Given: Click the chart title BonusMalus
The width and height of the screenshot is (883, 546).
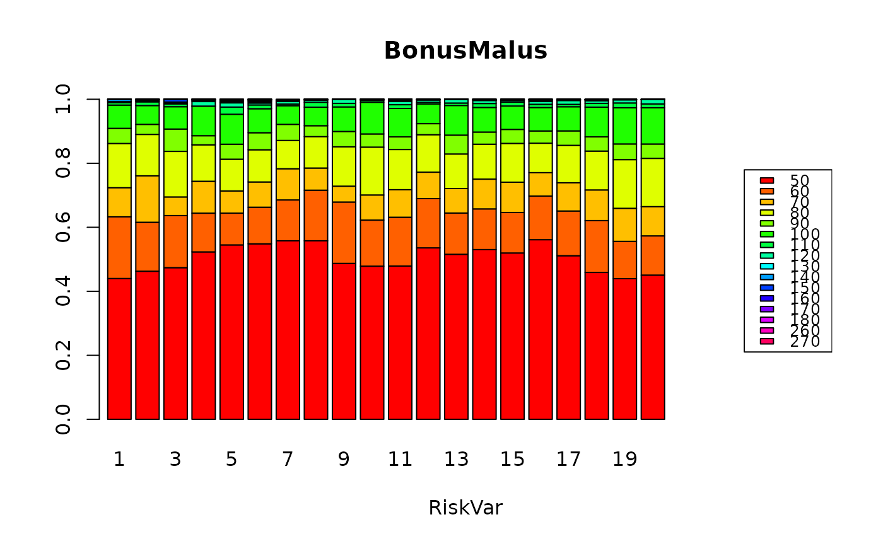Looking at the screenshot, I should (x=465, y=51).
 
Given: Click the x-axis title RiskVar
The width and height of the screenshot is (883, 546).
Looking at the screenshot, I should (x=465, y=508).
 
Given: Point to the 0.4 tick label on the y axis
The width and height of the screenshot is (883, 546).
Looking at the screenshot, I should (x=62, y=291).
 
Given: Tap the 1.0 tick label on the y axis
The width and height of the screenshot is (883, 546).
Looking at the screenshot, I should (x=62, y=100).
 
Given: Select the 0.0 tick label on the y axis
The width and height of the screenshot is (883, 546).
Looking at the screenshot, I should (x=62, y=419).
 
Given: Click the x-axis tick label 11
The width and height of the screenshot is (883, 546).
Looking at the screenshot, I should (x=400, y=459).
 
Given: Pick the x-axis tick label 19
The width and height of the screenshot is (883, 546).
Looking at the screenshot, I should (x=624, y=459).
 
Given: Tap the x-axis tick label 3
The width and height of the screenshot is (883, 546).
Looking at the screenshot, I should (x=175, y=459).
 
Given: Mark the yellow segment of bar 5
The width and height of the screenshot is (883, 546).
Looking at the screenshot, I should (x=231, y=175).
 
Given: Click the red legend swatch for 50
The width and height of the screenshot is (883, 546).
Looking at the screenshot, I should (x=766, y=181).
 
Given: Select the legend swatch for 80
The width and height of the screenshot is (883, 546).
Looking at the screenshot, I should (x=766, y=213).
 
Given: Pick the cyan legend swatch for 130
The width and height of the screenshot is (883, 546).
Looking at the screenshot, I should (x=766, y=267).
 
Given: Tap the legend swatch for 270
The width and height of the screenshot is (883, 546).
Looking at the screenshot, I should (x=766, y=342).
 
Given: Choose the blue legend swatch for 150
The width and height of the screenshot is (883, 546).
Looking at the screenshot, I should (x=766, y=288).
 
